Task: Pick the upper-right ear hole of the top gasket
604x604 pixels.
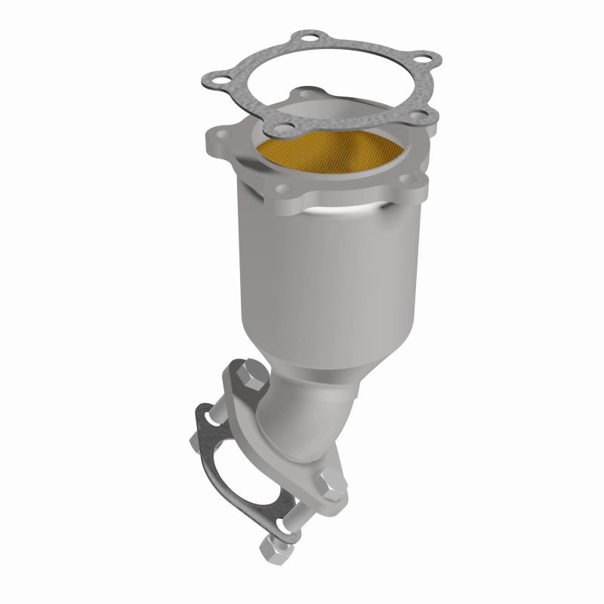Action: [426, 59]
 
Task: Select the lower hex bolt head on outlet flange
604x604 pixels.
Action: [331, 482]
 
